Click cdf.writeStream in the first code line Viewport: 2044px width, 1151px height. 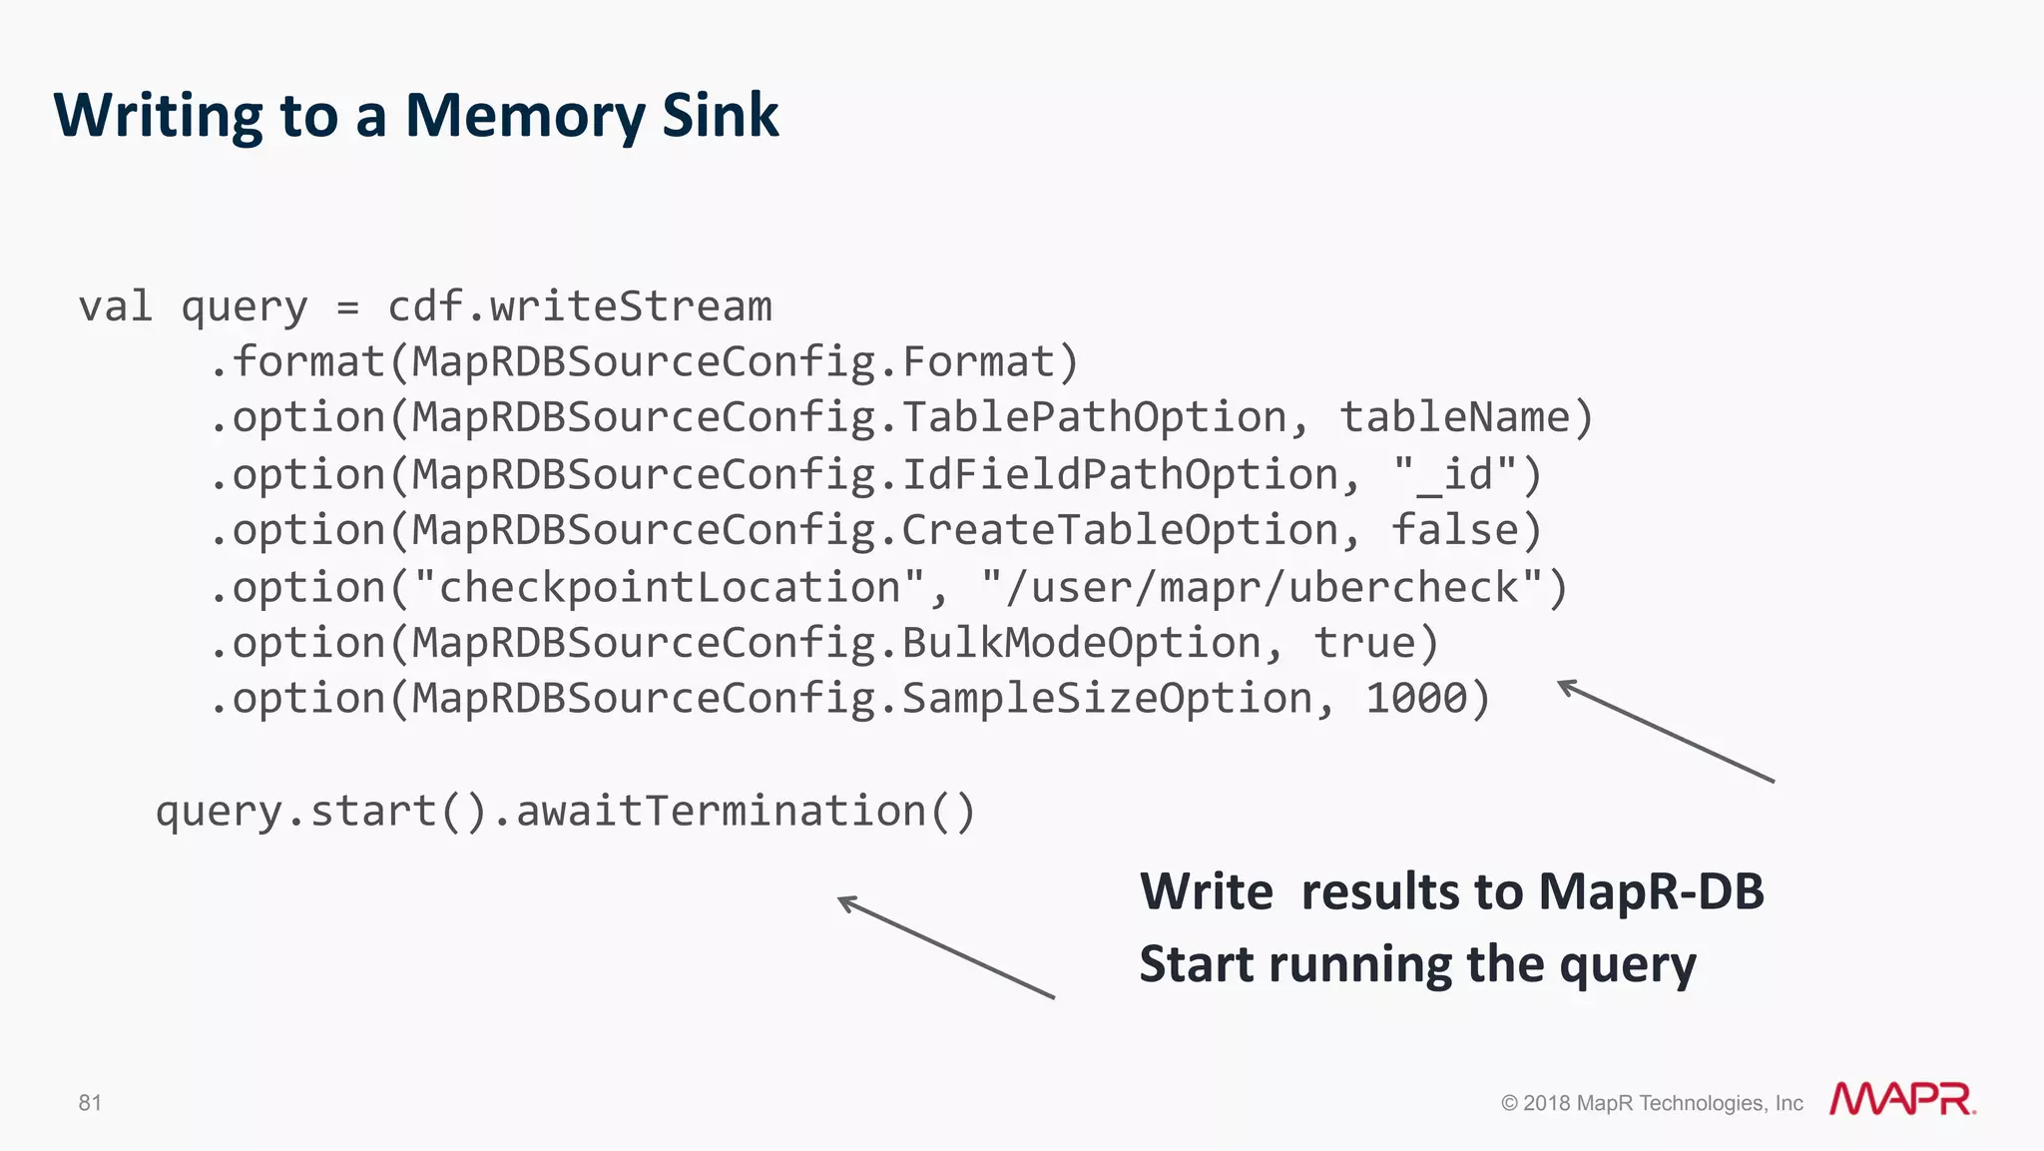[x=579, y=306]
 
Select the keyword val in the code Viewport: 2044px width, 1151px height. [x=116, y=306]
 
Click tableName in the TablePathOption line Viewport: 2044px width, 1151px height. [x=1454, y=417]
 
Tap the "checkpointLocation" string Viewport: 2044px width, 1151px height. [x=670, y=588]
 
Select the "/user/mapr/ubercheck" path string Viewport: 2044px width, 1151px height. [x=1263, y=588]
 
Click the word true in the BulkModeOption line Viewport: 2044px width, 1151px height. [x=1363, y=643]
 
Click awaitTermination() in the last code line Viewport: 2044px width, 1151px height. [x=745, y=811]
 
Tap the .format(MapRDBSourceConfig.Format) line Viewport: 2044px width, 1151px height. [x=644, y=362]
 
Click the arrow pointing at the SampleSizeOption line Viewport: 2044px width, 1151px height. [x=1665, y=731]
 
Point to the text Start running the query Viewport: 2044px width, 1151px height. [x=1417, y=964]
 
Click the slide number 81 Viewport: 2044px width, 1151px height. [x=90, y=1102]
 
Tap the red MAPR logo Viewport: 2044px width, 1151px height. [x=1901, y=1099]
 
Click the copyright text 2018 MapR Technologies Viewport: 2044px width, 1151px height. [x=1652, y=1103]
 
